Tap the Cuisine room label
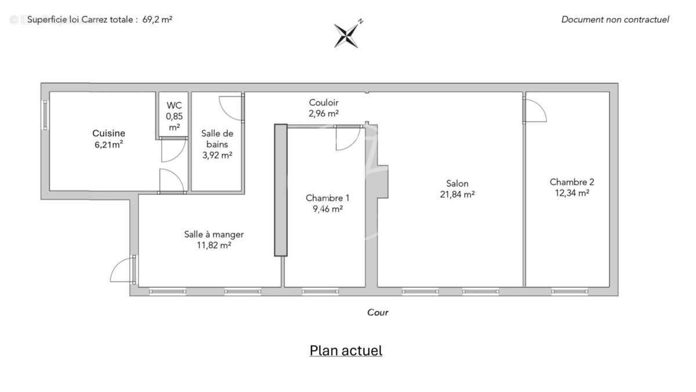(108, 134)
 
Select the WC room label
(174, 105)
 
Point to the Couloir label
(324, 103)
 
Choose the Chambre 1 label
(328, 198)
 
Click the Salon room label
(458, 184)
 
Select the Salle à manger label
(214, 235)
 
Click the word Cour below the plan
(378, 312)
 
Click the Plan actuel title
(346, 351)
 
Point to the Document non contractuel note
(615, 20)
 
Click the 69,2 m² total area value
(157, 19)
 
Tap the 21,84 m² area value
(458, 195)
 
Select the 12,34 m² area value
(572, 193)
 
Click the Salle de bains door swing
(231, 107)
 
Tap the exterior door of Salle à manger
(122, 270)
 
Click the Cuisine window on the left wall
(45, 114)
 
